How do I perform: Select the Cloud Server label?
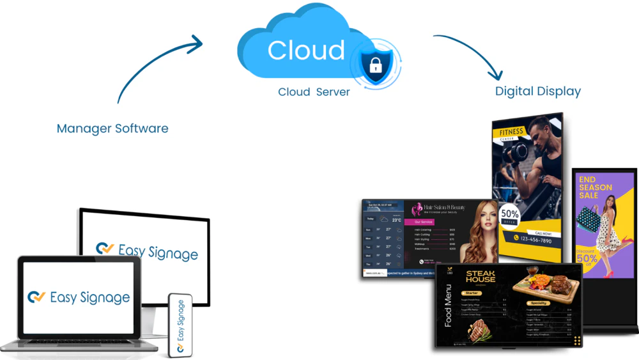(314, 92)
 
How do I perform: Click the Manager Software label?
(112, 129)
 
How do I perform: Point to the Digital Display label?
(538, 91)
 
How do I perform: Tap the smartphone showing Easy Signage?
(180, 325)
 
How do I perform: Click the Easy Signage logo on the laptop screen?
(79, 298)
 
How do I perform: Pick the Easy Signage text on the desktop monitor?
(157, 251)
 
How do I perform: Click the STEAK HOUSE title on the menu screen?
(481, 276)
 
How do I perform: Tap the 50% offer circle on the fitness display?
(509, 215)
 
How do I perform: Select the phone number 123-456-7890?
(535, 240)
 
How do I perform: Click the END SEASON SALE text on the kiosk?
(595, 187)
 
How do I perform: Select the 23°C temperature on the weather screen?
(396, 220)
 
